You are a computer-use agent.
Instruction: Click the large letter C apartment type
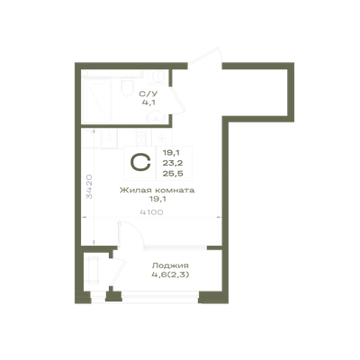(140, 162)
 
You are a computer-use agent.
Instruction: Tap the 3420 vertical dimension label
(89, 187)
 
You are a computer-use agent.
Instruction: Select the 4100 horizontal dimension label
(151, 212)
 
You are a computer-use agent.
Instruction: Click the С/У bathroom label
(148, 94)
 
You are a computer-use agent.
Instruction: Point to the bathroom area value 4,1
(148, 103)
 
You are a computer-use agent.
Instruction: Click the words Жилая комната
(157, 190)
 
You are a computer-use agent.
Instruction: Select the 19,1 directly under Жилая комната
(157, 199)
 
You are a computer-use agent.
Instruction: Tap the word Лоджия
(170, 265)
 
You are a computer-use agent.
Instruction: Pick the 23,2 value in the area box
(173, 163)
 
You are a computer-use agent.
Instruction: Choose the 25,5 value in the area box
(173, 174)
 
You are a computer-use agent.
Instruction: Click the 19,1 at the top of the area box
(171, 153)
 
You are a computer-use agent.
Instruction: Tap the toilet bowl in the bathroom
(127, 86)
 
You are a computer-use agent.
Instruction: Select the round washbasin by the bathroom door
(156, 116)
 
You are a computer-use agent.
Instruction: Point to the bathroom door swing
(177, 101)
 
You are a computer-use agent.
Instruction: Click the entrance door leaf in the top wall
(204, 56)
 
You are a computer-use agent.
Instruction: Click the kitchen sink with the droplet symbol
(109, 138)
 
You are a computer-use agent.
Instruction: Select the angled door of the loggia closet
(118, 272)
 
